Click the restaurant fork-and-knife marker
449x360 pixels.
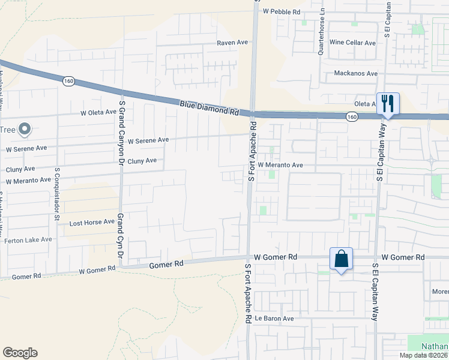388,104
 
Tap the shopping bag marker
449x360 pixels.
340,259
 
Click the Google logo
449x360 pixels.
20,353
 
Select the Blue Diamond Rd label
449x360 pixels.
209,108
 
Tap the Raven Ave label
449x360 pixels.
232,43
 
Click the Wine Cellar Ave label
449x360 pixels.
352,43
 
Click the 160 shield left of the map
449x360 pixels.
69,80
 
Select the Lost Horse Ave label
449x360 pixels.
91,222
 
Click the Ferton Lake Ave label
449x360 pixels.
28,239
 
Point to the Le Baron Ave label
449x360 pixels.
274,318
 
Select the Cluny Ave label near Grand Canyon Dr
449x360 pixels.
142,161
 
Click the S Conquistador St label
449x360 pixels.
58,194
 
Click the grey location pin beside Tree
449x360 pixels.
25,128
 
